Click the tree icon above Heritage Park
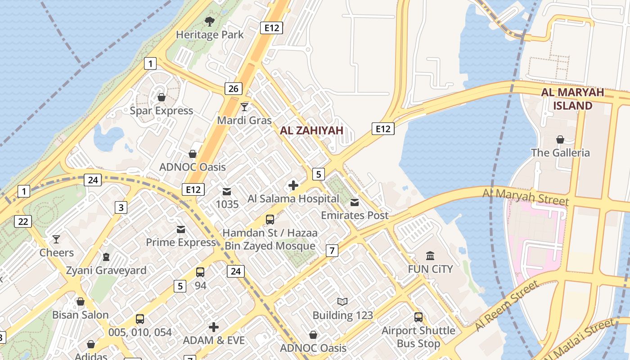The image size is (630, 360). [x=209, y=21]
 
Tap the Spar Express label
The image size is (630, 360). [x=162, y=111]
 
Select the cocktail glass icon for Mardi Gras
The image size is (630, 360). [x=244, y=107]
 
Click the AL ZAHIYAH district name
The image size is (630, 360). [x=311, y=130]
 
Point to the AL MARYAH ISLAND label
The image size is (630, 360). [x=572, y=99]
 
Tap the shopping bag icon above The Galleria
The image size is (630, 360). [x=560, y=139]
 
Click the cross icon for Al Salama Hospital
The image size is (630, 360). [x=293, y=185]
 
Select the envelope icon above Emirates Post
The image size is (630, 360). [x=355, y=202]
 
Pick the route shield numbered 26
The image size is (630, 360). [x=233, y=89]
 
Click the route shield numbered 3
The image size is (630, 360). [x=121, y=207]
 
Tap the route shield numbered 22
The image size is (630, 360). [x=23, y=221]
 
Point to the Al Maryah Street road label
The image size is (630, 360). [x=526, y=198]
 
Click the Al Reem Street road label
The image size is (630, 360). [x=507, y=305]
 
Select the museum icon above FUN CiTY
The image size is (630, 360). [x=430, y=256]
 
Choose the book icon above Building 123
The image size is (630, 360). [x=342, y=301]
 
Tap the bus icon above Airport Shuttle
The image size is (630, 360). [x=418, y=317]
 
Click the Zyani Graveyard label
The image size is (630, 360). [x=106, y=270]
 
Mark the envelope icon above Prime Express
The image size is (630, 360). [x=181, y=229]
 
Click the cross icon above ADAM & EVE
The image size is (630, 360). [x=214, y=327]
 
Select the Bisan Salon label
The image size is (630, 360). [x=81, y=315]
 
